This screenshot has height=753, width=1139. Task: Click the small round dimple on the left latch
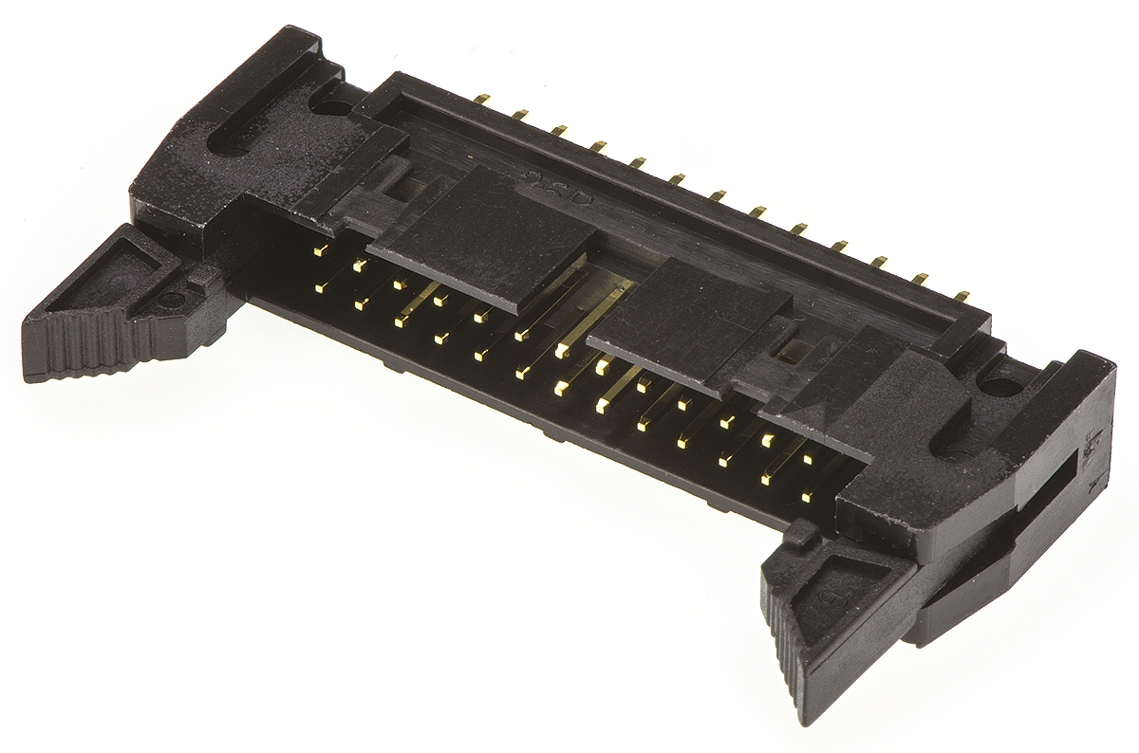tap(173, 302)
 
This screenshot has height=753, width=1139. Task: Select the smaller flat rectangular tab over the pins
tap(688, 322)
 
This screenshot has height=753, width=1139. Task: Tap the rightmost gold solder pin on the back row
tap(962, 296)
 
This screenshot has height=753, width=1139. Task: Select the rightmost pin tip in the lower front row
tap(806, 495)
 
